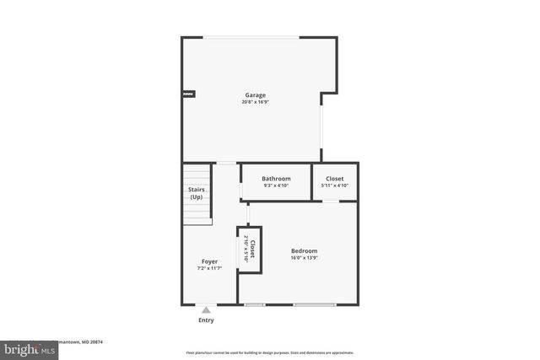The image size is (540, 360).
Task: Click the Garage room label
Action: [256, 95]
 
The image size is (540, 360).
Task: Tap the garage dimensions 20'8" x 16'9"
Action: [256, 103]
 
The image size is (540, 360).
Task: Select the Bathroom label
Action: [276, 179]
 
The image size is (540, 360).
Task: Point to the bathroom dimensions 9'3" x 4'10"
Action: [276, 186]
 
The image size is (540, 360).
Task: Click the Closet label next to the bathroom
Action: [335, 179]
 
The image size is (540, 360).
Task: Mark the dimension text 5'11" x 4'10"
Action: [335, 186]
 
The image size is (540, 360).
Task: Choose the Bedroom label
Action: [305, 251]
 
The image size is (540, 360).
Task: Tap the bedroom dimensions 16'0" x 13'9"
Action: [305, 259]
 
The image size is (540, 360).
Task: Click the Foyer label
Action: [209, 261]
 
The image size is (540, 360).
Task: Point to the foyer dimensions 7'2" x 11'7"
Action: [209, 269]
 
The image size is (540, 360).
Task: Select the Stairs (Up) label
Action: [196, 193]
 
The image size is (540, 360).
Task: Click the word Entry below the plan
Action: [206, 320]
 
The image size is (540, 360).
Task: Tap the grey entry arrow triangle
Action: [206, 310]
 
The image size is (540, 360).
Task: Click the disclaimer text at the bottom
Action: [270, 352]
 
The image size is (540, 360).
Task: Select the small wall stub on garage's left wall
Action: [189, 94]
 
